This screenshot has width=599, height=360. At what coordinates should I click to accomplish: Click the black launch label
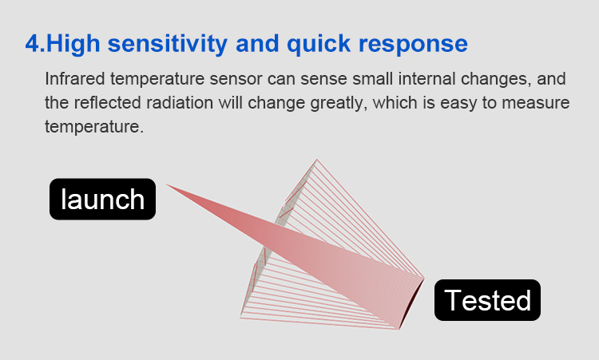tap(102, 199)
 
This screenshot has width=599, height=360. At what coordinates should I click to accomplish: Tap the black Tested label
tap(487, 300)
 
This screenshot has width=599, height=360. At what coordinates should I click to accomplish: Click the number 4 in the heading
tap(32, 43)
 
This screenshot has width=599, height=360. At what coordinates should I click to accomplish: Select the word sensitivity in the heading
tap(168, 44)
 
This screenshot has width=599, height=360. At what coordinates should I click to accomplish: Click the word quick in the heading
tap(319, 44)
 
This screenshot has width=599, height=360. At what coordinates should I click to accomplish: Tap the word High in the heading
tap(73, 44)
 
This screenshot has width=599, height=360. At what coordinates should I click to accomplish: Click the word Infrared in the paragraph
tap(75, 79)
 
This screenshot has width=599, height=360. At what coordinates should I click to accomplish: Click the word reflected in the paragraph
tap(107, 103)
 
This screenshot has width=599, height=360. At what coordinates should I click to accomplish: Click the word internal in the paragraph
tap(427, 79)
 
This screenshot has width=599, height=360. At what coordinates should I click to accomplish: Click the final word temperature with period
tap(94, 127)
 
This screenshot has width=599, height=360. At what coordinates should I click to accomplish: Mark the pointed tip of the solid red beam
tap(166, 184)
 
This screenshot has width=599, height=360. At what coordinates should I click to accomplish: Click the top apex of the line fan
tap(317, 159)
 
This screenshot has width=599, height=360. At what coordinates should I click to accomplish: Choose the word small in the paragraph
tap(372, 79)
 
